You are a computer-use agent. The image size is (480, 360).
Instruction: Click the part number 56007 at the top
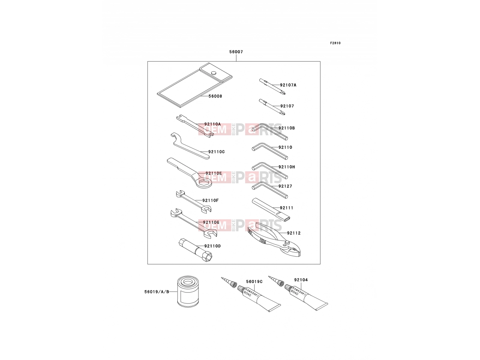236,52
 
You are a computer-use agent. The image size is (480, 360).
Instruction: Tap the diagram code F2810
335,43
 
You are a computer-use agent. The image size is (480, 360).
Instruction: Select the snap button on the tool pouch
214,73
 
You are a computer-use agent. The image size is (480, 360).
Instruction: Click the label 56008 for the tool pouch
215,96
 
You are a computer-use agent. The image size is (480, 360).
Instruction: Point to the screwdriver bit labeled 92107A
272,87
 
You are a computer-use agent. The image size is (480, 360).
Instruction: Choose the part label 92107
287,106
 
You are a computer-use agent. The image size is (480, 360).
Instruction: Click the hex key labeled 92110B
269,131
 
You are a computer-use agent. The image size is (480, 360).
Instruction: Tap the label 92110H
287,167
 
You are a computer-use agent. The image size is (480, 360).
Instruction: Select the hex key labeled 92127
269,190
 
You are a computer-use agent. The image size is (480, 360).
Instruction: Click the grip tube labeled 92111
271,210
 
